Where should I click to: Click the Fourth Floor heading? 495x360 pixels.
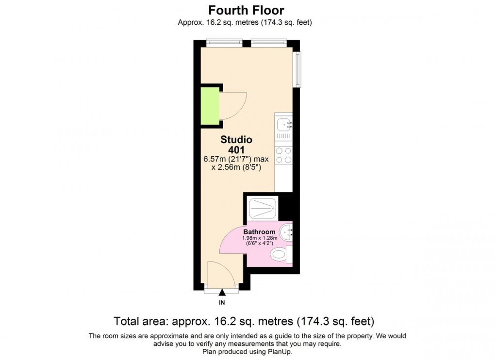[246, 10]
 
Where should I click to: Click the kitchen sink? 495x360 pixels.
[283, 126]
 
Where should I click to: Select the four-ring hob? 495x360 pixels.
[283, 155]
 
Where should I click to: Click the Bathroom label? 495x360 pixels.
[260, 232]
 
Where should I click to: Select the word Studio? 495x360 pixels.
[236, 140]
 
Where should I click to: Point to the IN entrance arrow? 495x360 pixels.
[222, 293]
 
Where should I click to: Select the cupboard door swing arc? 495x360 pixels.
[234, 105]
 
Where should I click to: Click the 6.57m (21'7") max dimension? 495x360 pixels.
[236, 159]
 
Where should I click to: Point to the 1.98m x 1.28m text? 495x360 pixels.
[260, 238]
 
